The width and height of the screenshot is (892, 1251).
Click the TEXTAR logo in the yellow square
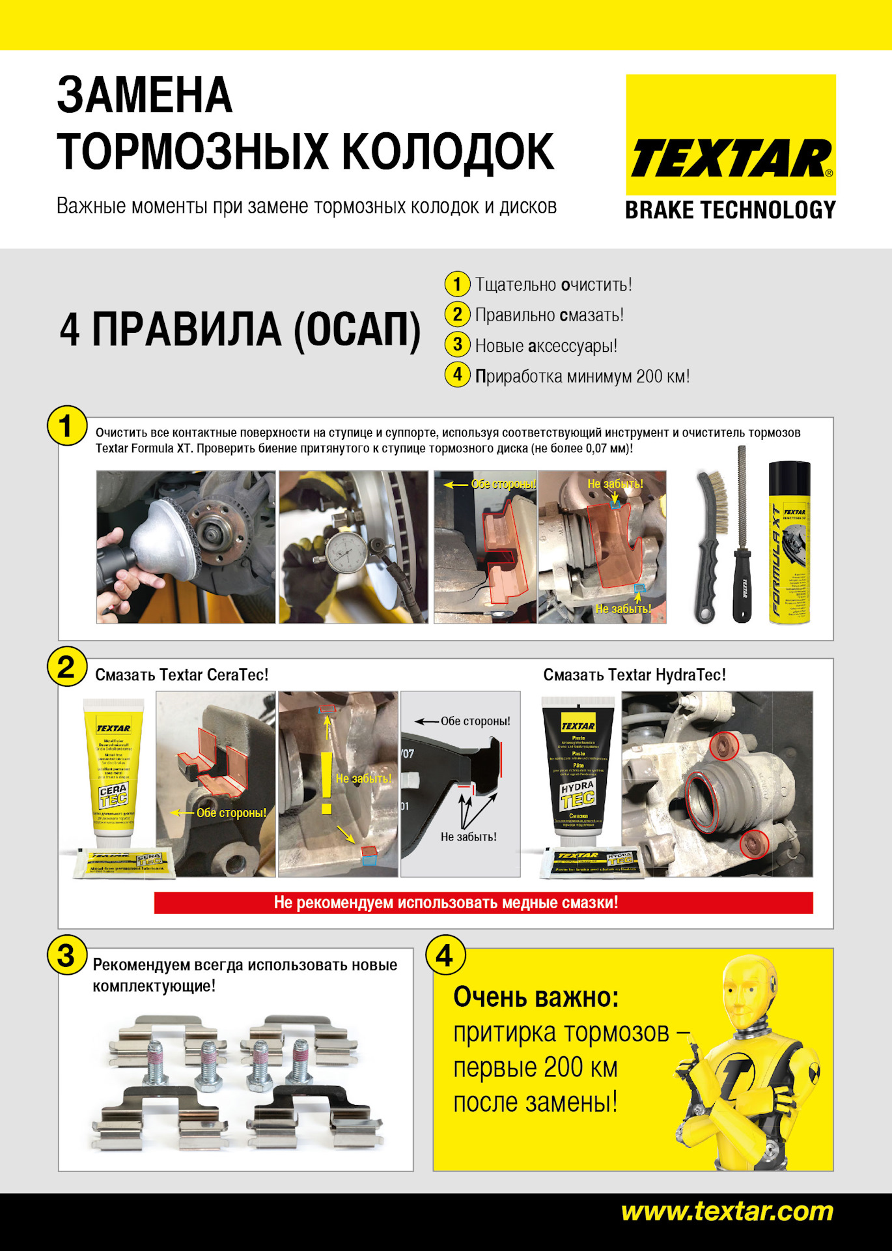[x=731, y=158]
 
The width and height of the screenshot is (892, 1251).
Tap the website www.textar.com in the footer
[x=727, y=1211]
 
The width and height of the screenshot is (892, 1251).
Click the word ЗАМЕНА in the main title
[x=145, y=96]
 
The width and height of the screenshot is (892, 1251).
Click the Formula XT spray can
[x=789, y=542]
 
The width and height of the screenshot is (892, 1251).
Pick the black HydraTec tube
[x=578, y=769]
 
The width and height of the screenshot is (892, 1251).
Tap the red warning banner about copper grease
[x=483, y=902]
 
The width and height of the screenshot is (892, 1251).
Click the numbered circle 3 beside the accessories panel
[x=66, y=955]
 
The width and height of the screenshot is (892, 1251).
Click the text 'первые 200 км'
[x=535, y=1069]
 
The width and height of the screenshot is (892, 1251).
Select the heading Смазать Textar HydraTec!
[x=634, y=675]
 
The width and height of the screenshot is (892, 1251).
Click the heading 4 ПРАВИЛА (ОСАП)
[x=240, y=330]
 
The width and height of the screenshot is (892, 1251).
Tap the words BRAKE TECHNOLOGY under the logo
[x=730, y=210]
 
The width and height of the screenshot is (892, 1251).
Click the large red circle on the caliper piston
[x=702, y=801]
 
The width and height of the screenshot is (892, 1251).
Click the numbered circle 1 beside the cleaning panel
[x=66, y=426]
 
